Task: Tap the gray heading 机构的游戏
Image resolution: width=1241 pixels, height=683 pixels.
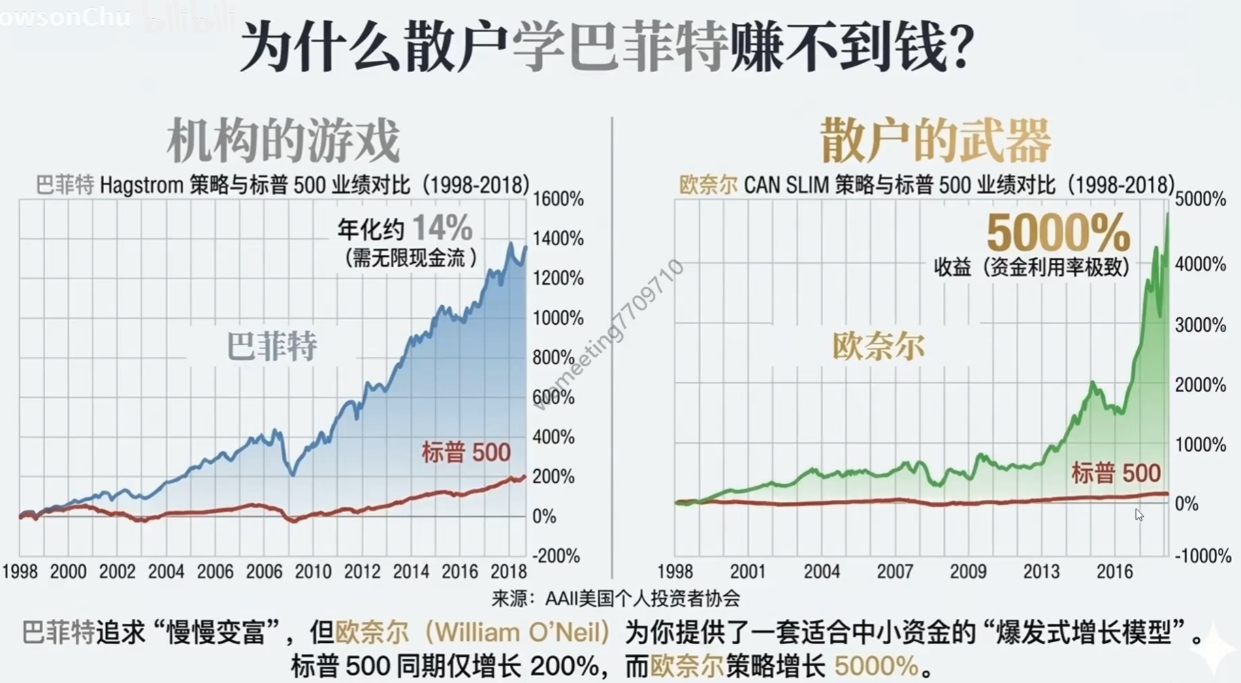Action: pyautogui.click(x=283, y=140)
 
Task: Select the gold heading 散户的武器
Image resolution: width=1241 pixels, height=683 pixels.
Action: pyautogui.click(x=935, y=140)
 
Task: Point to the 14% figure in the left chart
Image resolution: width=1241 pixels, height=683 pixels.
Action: pyautogui.click(x=442, y=227)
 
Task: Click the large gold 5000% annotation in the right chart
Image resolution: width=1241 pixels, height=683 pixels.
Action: pyautogui.click(x=1059, y=232)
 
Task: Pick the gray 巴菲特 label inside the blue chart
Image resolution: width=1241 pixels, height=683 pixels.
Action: pyautogui.click(x=272, y=346)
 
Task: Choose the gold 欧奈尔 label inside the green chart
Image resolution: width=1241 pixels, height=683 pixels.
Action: pyautogui.click(x=878, y=346)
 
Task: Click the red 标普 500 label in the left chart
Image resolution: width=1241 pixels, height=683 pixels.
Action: pyautogui.click(x=466, y=452)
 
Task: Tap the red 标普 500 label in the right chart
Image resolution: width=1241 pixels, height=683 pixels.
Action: pyautogui.click(x=1116, y=473)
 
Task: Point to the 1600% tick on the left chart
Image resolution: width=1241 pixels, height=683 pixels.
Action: pyautogui.click(x=558, y=199)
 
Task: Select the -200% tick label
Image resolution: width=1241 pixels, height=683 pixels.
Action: pyautogui.click(x=556, y=556)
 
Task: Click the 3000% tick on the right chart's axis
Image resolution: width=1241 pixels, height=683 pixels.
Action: pyautogui.click(x=1200, y=325)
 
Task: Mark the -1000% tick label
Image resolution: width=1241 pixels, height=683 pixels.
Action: pyautogui.click(x=1203, y=556)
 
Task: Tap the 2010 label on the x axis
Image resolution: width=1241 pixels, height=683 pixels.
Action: pyautogui.click(x=313, y=571)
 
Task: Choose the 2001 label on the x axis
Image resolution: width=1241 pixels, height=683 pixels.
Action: pyautogui.click(x=748, y=571)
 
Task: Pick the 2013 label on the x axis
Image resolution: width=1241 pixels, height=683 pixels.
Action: pyautogui.click(x=1042, y=571)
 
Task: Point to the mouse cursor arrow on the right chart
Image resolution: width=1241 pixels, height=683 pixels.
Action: pyautogui.click(x=1139, y=515)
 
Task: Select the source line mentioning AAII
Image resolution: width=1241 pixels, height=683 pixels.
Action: pyautogui.click(x=615, y=598)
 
